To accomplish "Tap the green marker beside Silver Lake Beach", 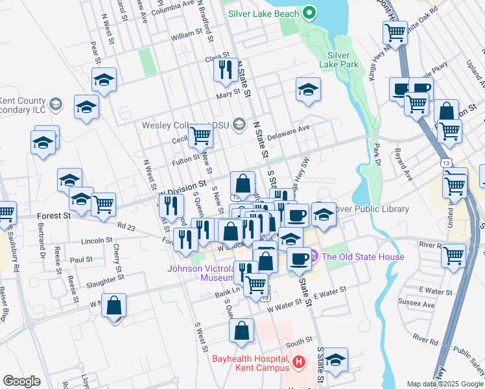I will tap(309, 13).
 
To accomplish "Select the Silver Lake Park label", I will tap(343, 60).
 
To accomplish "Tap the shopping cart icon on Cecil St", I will tap(200, 136).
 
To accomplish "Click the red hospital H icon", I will tap(298, 361).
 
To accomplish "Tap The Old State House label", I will tap(363, 257).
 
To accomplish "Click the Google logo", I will tap(21, 381).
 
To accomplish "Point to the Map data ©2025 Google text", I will tap(445, 384).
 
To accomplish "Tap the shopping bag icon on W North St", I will tap(114, 305).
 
